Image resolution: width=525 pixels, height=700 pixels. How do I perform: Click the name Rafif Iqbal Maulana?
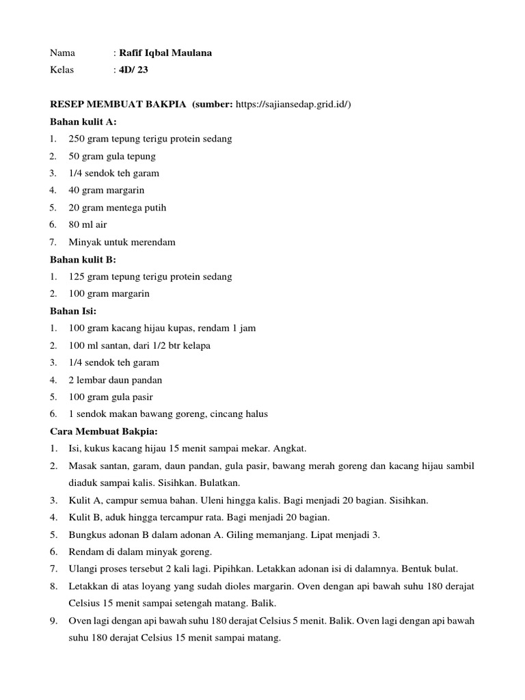coord(165,53)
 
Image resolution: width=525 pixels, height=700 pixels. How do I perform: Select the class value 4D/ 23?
coord(133,70)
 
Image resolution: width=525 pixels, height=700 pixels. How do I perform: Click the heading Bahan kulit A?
coord(83,122)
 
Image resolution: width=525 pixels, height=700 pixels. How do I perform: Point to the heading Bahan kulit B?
coord(83,259)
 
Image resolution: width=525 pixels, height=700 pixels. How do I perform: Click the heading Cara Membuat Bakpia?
coord(105,431)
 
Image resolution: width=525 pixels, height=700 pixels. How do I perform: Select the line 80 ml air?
coord(87,224)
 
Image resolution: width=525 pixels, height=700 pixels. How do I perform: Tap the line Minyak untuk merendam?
coord(122,242)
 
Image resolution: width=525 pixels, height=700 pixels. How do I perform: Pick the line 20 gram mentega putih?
coord(117,207)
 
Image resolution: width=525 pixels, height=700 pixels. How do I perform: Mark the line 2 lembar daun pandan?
coord(115,379)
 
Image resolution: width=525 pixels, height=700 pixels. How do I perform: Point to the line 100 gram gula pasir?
coord(111,396)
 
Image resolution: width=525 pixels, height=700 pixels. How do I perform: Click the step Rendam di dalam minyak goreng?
coord(140,552)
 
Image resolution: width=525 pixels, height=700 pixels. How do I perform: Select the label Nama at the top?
coord(62,53)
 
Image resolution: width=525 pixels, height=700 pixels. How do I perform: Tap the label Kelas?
coord(62,70)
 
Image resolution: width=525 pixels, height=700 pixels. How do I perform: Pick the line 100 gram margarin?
coord(109,293)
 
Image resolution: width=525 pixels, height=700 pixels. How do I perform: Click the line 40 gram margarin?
coord(106,190)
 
